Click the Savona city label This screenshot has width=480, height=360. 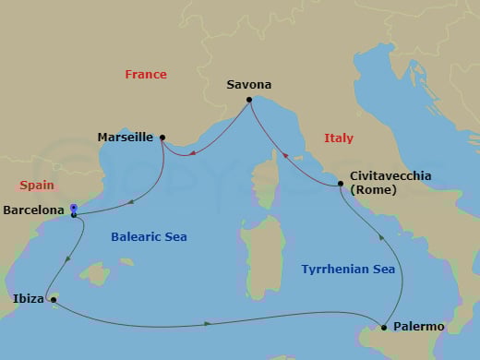click(249, 85)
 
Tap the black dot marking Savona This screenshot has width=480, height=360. click(249, 100)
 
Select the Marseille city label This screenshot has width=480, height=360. click(126, 138)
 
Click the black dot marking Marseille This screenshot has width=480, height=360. click(162, 138)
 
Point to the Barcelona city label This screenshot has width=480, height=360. click(34, 210)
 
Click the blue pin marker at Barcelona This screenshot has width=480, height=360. click(73, 209)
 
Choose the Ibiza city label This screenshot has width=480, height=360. click(28, 299)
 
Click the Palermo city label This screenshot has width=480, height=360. click(419, 327)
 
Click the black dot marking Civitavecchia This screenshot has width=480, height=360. click(341, 185)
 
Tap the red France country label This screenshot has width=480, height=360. click(146, 75)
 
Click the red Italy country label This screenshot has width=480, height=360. click(339, 138)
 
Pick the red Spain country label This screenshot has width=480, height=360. click(36, 185)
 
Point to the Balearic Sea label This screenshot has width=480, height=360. click(149, 237)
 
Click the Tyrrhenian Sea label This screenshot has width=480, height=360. click(349, 270)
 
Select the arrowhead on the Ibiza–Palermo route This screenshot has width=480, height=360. click(209, 323)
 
